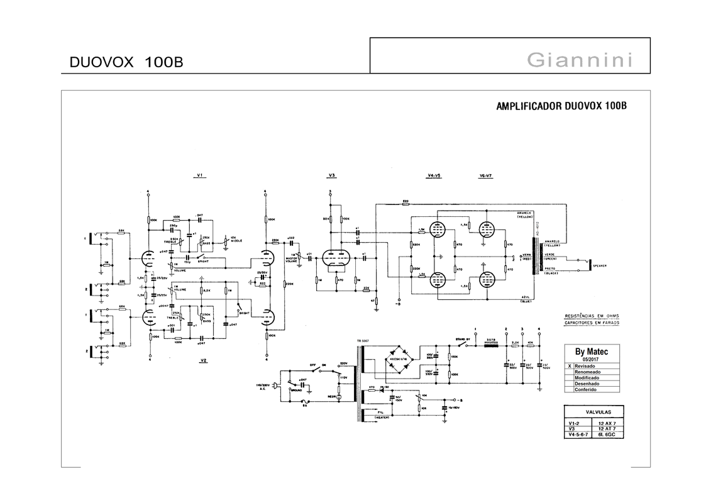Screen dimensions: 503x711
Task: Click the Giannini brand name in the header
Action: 580,60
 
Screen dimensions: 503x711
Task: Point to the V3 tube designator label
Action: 331,175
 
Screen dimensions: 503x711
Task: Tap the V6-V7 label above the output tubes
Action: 485,175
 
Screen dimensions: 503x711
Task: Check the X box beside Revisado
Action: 570,366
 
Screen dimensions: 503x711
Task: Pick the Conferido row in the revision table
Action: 586,389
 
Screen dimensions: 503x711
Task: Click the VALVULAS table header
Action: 595,412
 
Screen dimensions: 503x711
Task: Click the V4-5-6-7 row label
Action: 579,434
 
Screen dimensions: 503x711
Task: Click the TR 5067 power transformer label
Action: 363,341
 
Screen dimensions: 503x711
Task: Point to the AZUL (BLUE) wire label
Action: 526,300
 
